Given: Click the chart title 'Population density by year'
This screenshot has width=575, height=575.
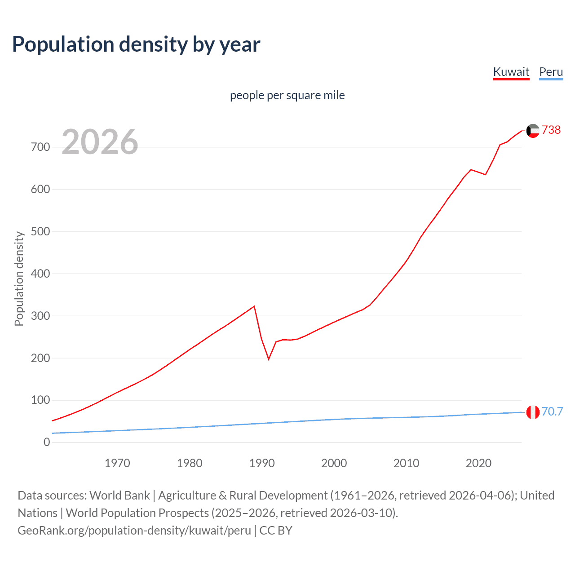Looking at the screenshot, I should point(136,44).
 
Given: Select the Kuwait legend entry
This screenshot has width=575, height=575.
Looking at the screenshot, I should point(511,72).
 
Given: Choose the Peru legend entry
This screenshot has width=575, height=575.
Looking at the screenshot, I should point(551,72).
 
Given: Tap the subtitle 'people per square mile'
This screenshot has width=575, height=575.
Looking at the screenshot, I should point(287,95).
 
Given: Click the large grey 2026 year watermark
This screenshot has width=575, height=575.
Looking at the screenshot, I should point(100,142).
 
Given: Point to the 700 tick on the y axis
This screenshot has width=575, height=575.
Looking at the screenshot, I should point(40,147).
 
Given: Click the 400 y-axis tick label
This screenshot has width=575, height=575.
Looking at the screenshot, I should point(40,274).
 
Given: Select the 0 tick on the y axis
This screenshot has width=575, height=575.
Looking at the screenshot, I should point(47,442).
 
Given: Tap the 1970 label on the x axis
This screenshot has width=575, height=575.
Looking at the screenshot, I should point(117,463).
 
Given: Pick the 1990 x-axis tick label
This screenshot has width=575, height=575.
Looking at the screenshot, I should point(262,463).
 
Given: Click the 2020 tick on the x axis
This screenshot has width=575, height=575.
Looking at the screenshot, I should point(478,463).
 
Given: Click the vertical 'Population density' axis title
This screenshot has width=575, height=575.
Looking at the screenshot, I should point(19,279).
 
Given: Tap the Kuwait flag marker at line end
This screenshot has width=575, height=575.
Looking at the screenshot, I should point(533,131).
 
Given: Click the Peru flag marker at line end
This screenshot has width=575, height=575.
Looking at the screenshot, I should point(533,412).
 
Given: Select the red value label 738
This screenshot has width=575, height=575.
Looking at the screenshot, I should point(551,130).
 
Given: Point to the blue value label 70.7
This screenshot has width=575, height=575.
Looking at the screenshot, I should point(552,411).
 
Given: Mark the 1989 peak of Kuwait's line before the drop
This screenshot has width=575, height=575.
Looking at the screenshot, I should point(254,306).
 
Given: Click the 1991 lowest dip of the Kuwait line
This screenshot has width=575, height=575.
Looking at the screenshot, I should point(269,359).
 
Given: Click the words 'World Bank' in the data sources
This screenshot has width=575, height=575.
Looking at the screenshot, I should point(119,495).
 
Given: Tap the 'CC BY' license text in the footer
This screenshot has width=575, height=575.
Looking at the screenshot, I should point(276,530).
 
